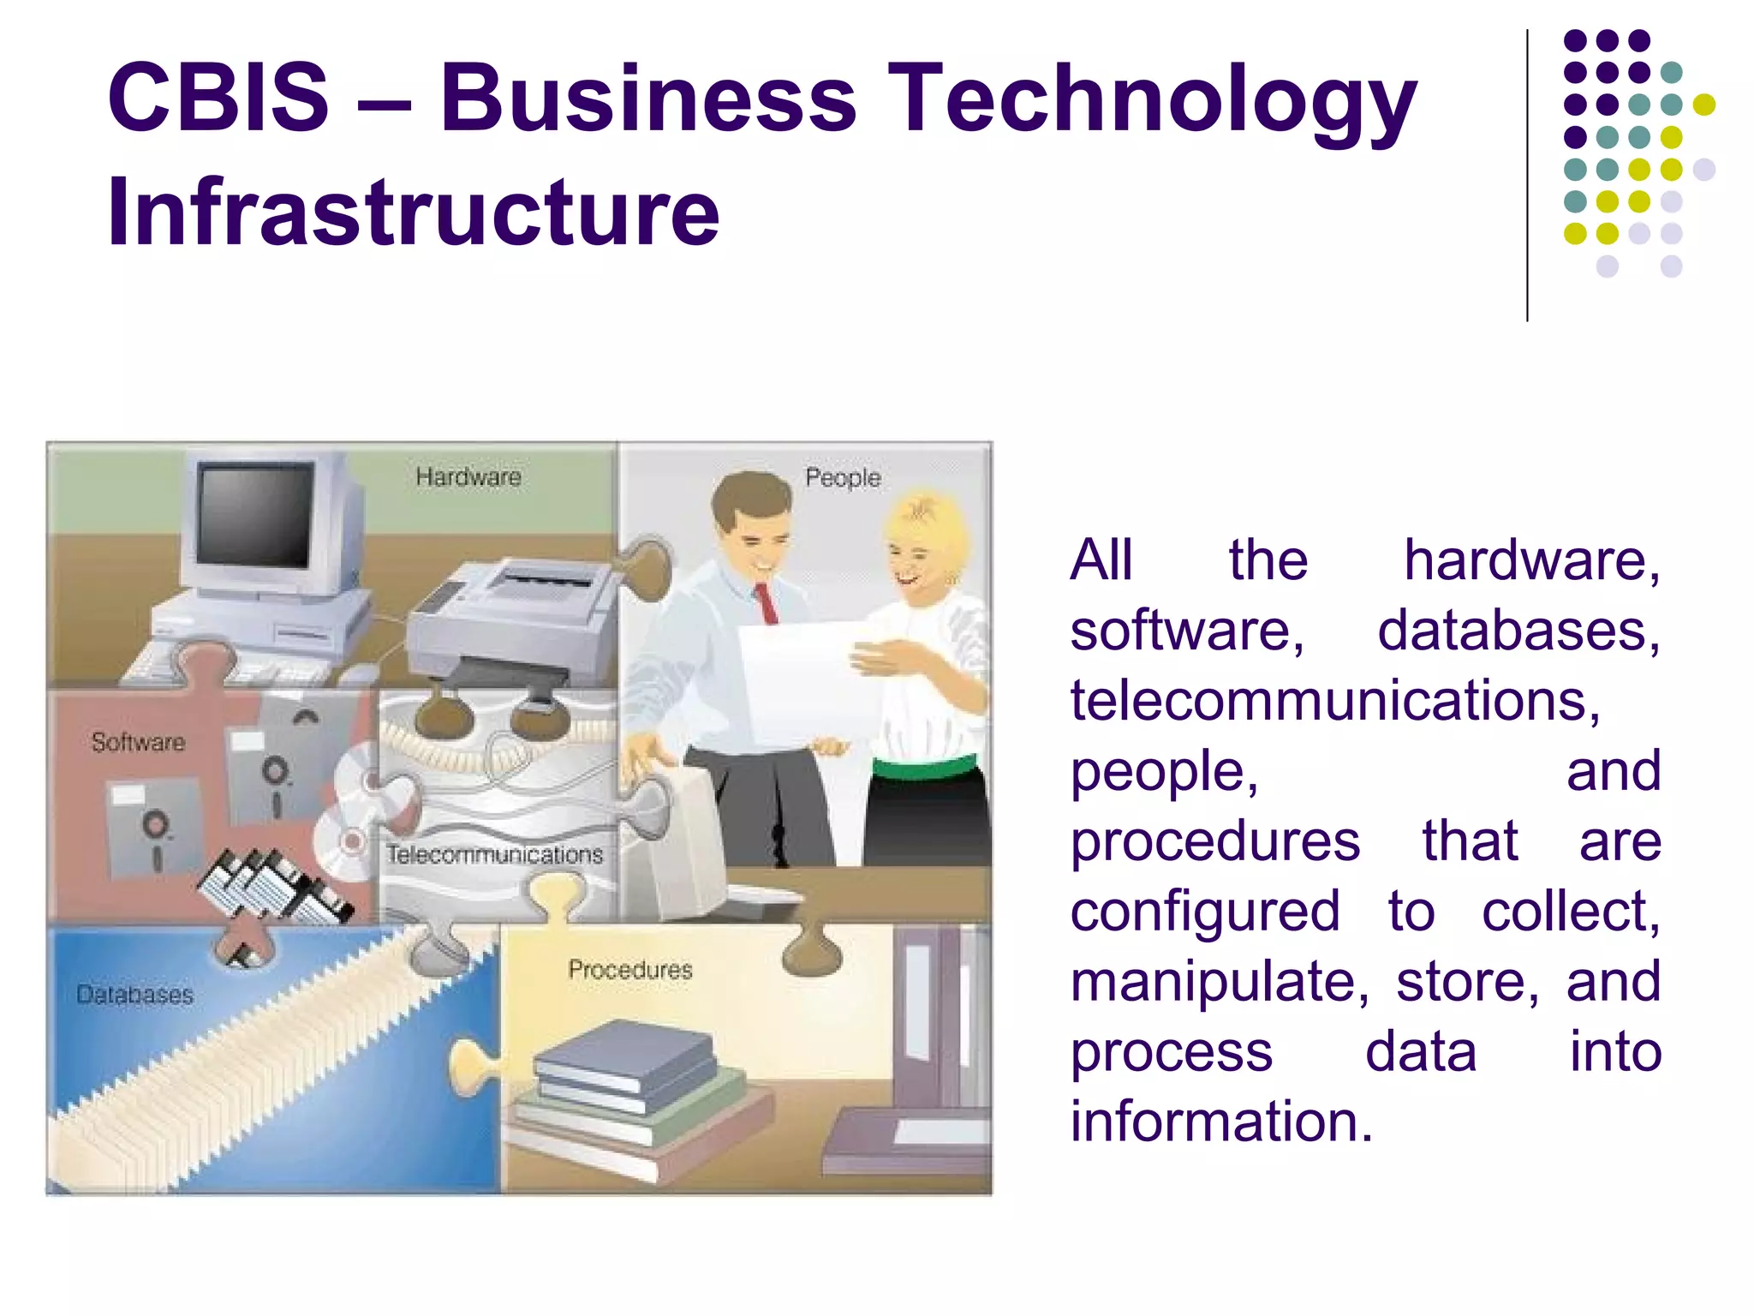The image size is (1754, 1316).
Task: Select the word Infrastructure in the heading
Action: (413, 212)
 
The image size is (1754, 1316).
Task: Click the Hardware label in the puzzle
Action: (468, 477)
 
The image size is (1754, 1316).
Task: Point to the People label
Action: (843, 477)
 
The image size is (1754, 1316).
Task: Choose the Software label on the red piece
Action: (138, 742)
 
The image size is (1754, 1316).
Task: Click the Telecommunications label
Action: (495, 854)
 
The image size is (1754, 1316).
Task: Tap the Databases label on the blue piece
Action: (134, 995)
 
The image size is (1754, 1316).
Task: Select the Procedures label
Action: (630, 970)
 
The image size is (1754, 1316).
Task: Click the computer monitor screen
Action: (254, 514)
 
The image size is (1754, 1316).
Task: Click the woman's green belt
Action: (925, 766)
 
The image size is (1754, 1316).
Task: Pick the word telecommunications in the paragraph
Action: (1334, 701)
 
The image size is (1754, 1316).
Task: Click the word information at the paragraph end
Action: (1221, 1122)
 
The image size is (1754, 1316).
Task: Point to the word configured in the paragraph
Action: (1205, 912)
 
